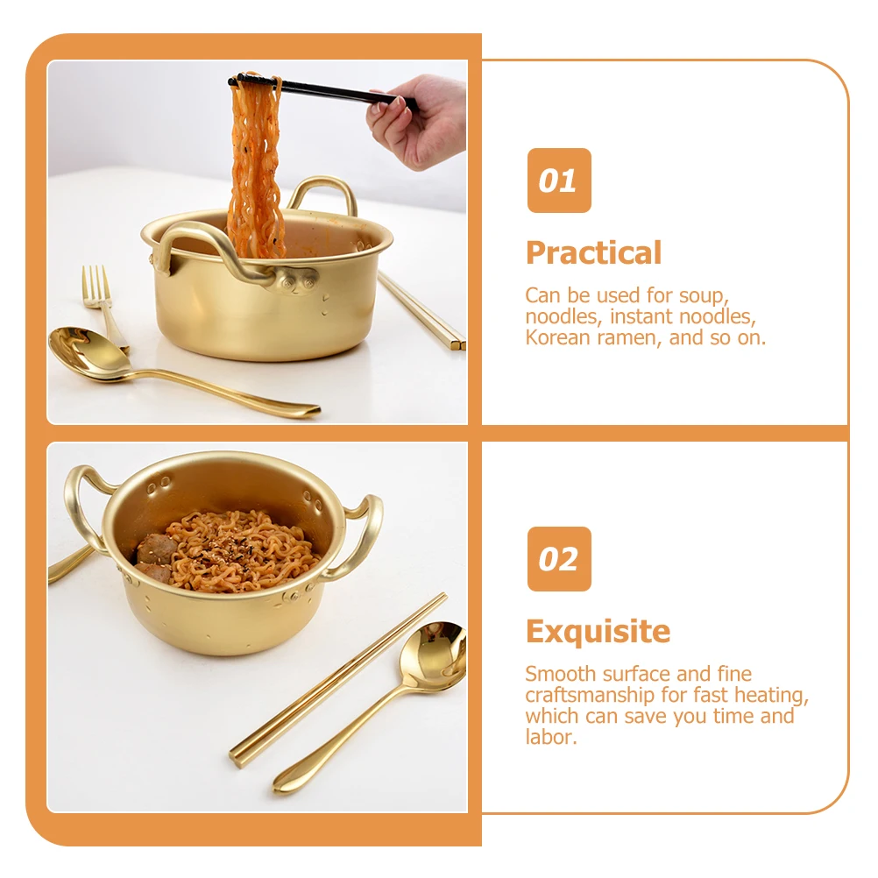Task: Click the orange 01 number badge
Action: click(x=558, y=181)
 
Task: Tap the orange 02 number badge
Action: click(x=558, y=559)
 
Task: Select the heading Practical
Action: click(x=593, y=253)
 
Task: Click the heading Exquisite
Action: click(x=598, y=631)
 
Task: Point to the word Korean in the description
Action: click(x=554, y=337)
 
